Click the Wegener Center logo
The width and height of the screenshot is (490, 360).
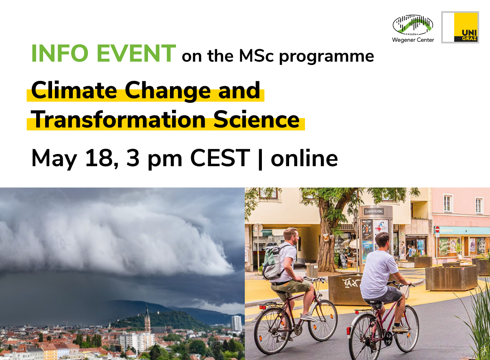click(413, 28)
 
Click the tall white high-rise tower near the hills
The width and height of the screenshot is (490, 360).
click(236, 323)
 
